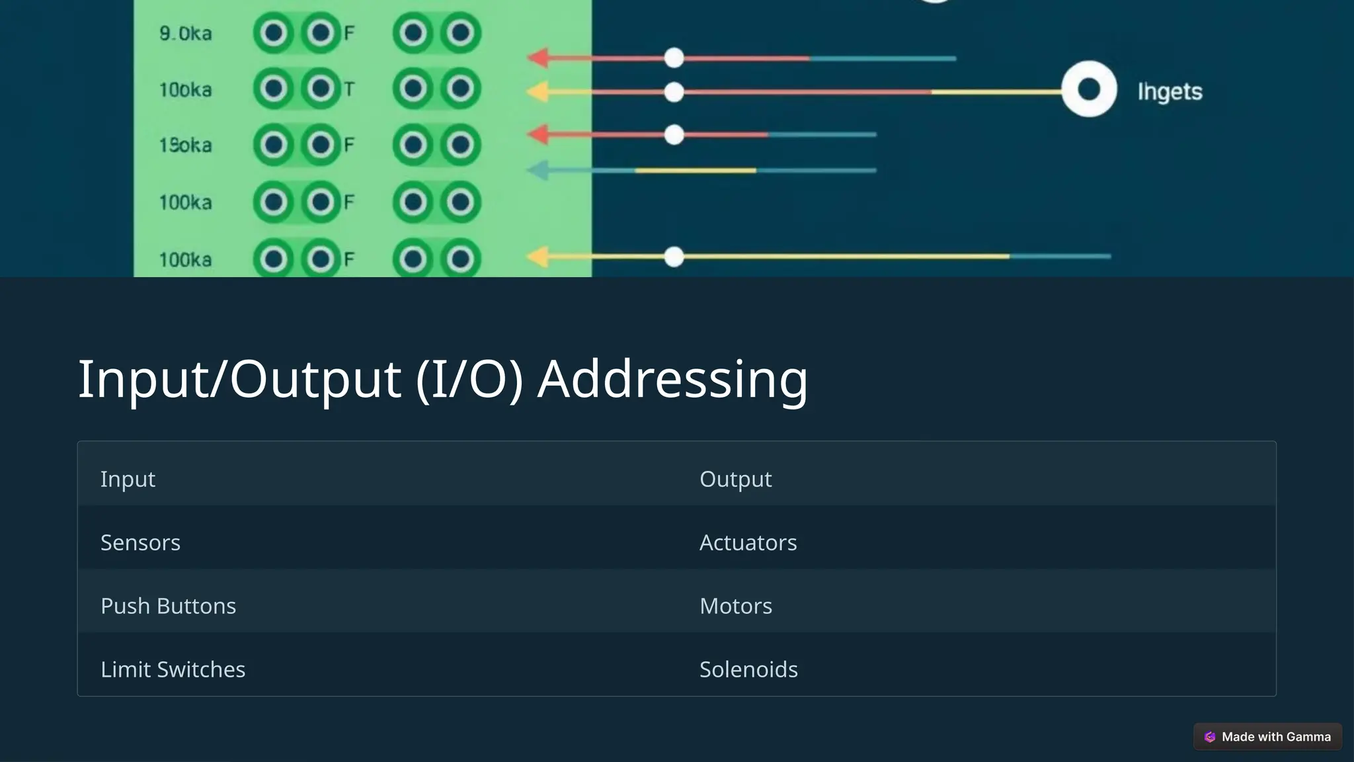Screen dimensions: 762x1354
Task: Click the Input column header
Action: [x=128, y=479]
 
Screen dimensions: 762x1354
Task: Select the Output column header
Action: [x=735, y=479]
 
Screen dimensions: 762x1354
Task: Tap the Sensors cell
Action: [x=140, y=542]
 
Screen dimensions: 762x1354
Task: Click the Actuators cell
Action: [x=748, y=542]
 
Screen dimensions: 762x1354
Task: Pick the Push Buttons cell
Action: [x=168, y=606]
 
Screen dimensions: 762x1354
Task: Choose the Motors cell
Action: [x=735, y=606]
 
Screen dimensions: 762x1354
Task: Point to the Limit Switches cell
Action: [x=173, y=669]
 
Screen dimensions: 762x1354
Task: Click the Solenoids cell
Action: [x=748, y=669]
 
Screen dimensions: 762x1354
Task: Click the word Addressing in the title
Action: [x=672, y=379]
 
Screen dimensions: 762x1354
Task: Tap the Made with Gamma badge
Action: [x=1267, y=737]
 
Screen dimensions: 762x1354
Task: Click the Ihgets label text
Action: [x=1169, y=91]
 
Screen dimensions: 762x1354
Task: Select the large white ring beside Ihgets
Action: [x=1088, y=89]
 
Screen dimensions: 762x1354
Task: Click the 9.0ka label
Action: [x=185, y=33]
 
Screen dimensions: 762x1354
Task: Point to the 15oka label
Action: [x=185, y=145]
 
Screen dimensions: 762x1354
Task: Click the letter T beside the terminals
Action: [x=349, y=89]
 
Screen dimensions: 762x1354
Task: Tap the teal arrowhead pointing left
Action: [x=539, y=171]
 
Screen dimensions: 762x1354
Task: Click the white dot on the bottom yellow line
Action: [x=674, y=257]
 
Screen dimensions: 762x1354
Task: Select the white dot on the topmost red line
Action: [x=674, y=58]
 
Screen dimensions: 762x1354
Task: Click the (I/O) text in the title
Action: [x=469, y=379]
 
